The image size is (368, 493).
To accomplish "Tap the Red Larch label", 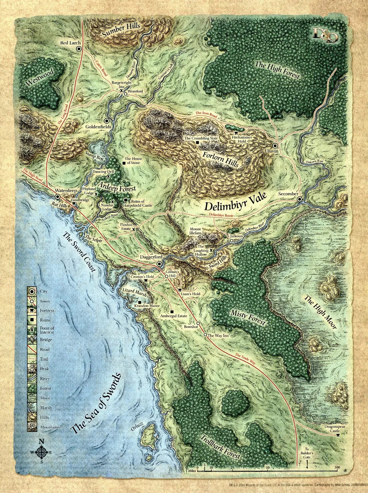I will click(70, 43).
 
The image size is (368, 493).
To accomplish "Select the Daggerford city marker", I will click(159, 264).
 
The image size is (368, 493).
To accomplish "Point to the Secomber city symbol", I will click(300, 199).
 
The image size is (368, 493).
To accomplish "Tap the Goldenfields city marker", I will click(107, 120).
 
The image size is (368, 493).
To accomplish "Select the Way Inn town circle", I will click(205, 335).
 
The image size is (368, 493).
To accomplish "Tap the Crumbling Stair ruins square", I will click(198, 142).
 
